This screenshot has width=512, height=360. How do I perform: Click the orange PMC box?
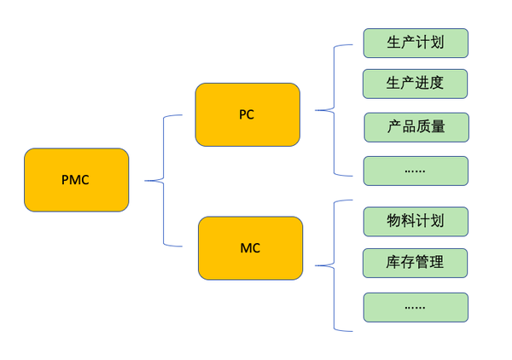pos(76,180)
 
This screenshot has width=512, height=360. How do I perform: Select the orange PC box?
pos(247,114)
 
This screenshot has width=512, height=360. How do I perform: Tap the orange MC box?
pos(250,248)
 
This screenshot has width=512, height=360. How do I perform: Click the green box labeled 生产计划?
pos(416,43)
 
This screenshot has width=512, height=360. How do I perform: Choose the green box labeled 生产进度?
pos(416,84)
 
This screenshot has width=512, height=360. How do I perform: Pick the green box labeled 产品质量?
pos(416,127)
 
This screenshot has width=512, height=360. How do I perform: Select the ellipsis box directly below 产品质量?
pos(416,171)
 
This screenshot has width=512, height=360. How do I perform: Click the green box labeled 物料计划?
pos(416,221)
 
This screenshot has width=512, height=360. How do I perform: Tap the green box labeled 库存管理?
pos(416,263)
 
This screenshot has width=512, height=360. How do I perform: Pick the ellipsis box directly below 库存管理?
pos(416,307)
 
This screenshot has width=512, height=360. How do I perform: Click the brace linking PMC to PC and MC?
pos(163,180)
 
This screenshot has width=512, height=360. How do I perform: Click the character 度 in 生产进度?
pos(436,84)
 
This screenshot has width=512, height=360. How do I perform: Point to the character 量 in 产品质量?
pos(437,127)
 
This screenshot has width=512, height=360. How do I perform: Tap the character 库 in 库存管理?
pos(394,263)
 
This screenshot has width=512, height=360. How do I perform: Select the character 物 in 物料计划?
pos(394,221)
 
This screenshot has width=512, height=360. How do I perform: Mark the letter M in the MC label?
pos(245,248)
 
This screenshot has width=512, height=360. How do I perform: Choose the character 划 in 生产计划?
pos(436,43)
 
